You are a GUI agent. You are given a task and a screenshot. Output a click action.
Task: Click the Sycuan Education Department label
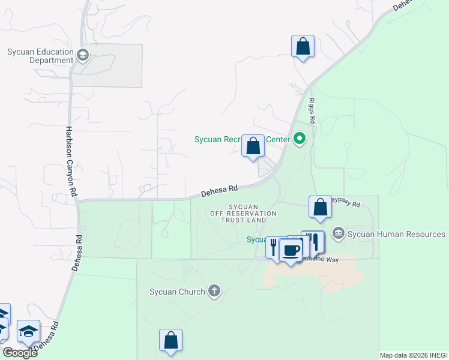(40, 56)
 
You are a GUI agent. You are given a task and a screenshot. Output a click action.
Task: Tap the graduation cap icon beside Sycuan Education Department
(83, 56)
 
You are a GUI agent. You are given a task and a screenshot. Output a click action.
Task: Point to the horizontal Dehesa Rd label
(220, 190)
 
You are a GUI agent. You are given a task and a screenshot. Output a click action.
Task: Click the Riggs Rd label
(312, 112)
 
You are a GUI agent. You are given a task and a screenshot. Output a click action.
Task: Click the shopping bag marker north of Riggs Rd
(303, 46)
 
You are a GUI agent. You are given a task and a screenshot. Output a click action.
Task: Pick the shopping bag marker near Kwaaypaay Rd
(321, 207)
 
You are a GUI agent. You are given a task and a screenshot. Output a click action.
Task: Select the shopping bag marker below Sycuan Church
(170, 340)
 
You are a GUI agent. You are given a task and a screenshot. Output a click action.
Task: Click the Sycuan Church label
(177, 292)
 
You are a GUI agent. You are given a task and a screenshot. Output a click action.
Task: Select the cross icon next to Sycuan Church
(214, 292)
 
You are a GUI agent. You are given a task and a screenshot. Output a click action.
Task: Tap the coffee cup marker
(291, 250)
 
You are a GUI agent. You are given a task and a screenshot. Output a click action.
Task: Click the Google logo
(20, 352)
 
